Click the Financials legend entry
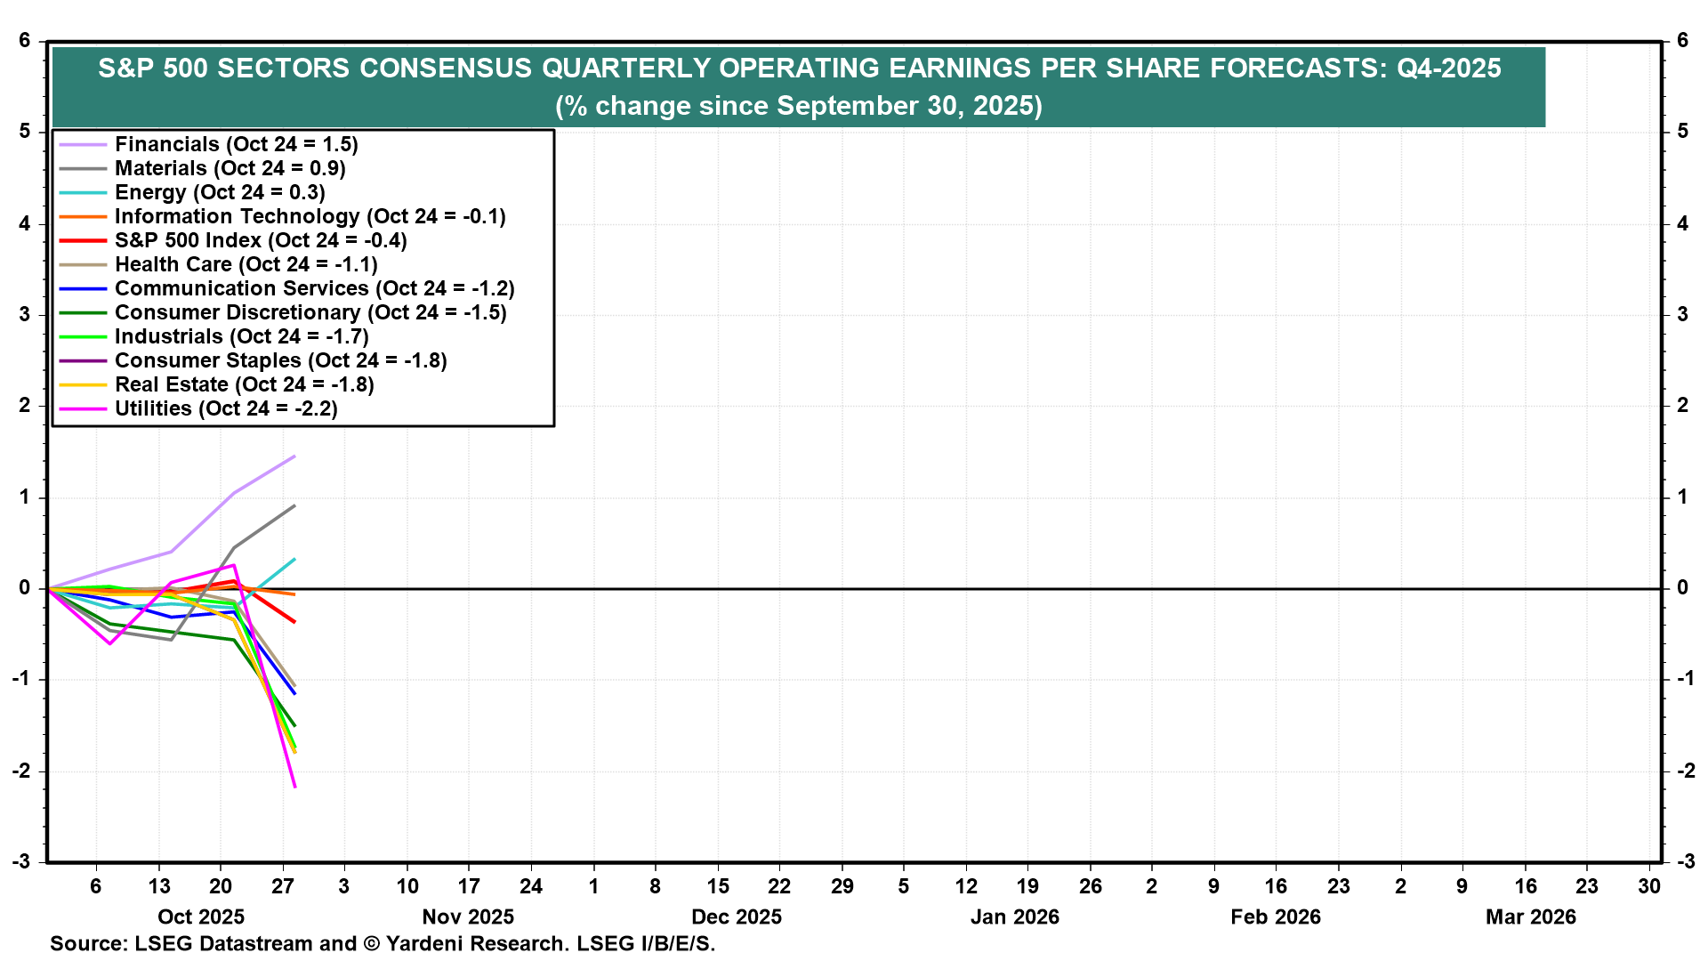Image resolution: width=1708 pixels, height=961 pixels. (236, 144)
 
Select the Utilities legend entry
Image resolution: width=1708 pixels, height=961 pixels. (226, 408)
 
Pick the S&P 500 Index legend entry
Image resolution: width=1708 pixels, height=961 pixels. (260, 240)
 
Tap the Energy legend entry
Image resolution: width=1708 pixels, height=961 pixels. (220, 192)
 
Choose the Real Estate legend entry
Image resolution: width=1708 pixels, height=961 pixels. (244, 384)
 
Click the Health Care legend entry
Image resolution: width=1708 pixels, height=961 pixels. (246, 264)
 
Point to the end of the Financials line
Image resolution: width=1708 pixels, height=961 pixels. (294, 456)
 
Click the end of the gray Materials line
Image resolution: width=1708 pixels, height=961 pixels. (294, 506)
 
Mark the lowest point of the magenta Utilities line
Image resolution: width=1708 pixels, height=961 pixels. (294, 787)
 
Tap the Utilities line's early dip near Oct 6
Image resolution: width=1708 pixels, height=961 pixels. (110, 643)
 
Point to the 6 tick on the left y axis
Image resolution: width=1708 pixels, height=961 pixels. (25, 41)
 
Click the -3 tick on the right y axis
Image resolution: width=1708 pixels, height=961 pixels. (1683, 861)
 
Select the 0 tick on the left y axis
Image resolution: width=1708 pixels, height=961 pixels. (25, 588)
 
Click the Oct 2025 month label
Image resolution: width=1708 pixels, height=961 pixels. (201, 917)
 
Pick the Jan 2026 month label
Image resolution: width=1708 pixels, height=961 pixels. (1014, 917)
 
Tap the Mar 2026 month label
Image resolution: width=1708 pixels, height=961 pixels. (1530, 917)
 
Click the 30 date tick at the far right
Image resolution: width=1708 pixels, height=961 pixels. (1649, 886)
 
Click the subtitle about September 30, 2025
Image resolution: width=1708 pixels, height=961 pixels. (798, 106)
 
